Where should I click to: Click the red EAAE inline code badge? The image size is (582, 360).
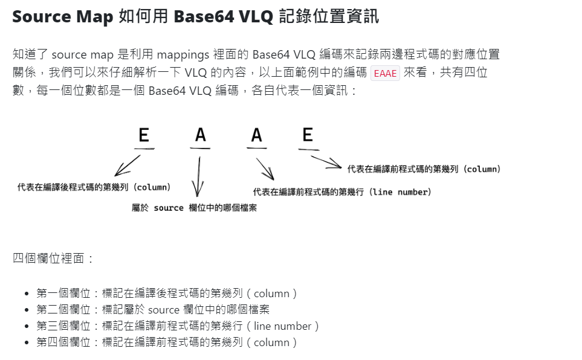[x=385, y=73]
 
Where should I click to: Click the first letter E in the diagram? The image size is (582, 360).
[x=143, y=135]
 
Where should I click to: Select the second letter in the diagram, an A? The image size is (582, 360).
[x=201, y=135]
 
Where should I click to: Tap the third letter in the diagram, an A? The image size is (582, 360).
[x=257, y=135]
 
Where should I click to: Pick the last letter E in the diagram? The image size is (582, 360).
[x=308, y=135]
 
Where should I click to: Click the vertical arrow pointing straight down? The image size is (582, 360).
[x=198, y=176]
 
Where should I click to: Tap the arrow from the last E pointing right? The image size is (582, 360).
[x=326, y=162]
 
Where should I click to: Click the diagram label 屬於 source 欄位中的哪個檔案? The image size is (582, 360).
[x=194, y=208]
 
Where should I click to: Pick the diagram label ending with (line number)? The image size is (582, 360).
[x=342, y=192]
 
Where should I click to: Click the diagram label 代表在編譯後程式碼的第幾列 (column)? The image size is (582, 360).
[x=94, y=187]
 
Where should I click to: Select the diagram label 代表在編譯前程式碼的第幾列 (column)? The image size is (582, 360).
[x=424, y=169]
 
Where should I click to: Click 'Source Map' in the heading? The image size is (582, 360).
[x=62, y=16]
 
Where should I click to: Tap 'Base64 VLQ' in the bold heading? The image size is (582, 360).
[x=225, y=16]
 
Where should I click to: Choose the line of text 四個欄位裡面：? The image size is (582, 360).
[x=54, y=259]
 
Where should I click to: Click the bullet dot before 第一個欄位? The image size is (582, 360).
[x=27, y=294]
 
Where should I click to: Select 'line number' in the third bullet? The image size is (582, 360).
[x=282, y=326]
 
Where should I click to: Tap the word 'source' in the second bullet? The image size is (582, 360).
[x=163, y=310]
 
